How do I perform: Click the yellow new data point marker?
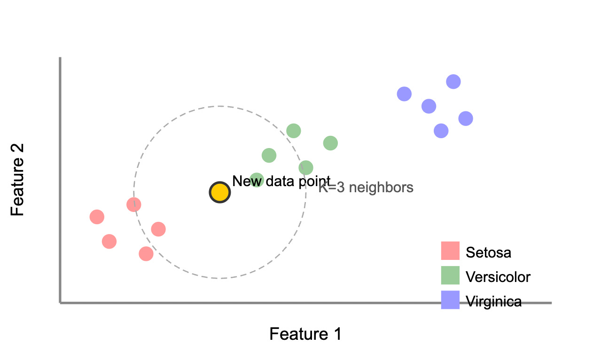[x=219, y=192]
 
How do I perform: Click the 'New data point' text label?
[x=281, y=181]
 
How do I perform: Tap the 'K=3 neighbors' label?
[x=366, y=188]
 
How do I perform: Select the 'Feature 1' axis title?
[x=305, y=334]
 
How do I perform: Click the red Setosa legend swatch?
[x=450, y=250]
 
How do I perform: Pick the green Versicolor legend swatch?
[x=450, y=275]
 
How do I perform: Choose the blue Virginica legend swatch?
[x=450, y=300]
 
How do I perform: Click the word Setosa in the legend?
[x=488, y=252]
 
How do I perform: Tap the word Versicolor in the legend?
[x=498, y=277]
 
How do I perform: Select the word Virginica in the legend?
[x=493, y=301]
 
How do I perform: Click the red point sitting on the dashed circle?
[x=134, y=204]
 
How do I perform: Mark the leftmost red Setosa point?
[x=97, y=217]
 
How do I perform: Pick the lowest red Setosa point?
[x=146, y=254]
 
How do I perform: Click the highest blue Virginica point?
[x=453, y=82]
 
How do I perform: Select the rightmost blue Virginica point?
[x=465, y=118]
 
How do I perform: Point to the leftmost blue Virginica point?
[x=404, y=94]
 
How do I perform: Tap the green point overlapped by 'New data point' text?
[x=257, y=180]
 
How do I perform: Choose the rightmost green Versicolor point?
[x=330, y=143]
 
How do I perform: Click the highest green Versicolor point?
[x=293, y=131]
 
